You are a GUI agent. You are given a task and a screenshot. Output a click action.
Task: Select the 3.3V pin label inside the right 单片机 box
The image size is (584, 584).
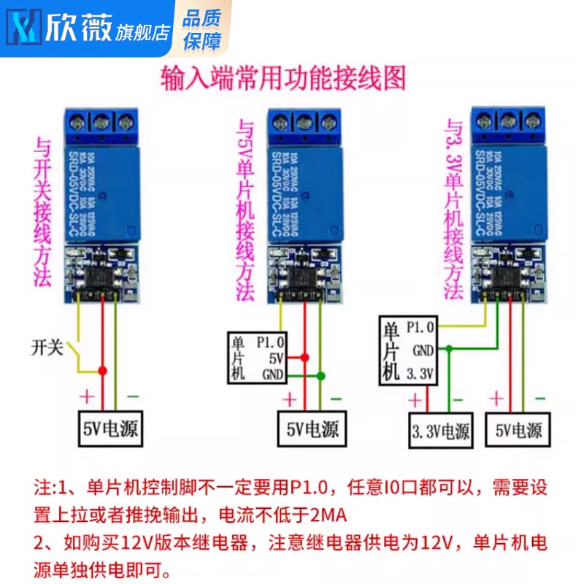[420, 375]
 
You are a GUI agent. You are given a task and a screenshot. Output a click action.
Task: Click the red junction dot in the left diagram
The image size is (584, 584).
[103, 371]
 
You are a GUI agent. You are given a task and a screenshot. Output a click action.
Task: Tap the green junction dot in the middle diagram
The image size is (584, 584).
[320, 376]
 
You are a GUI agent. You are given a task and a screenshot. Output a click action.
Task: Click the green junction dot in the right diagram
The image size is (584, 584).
[450, 350]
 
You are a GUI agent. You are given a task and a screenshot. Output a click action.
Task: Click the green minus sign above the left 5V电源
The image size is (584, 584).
[133, 396]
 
